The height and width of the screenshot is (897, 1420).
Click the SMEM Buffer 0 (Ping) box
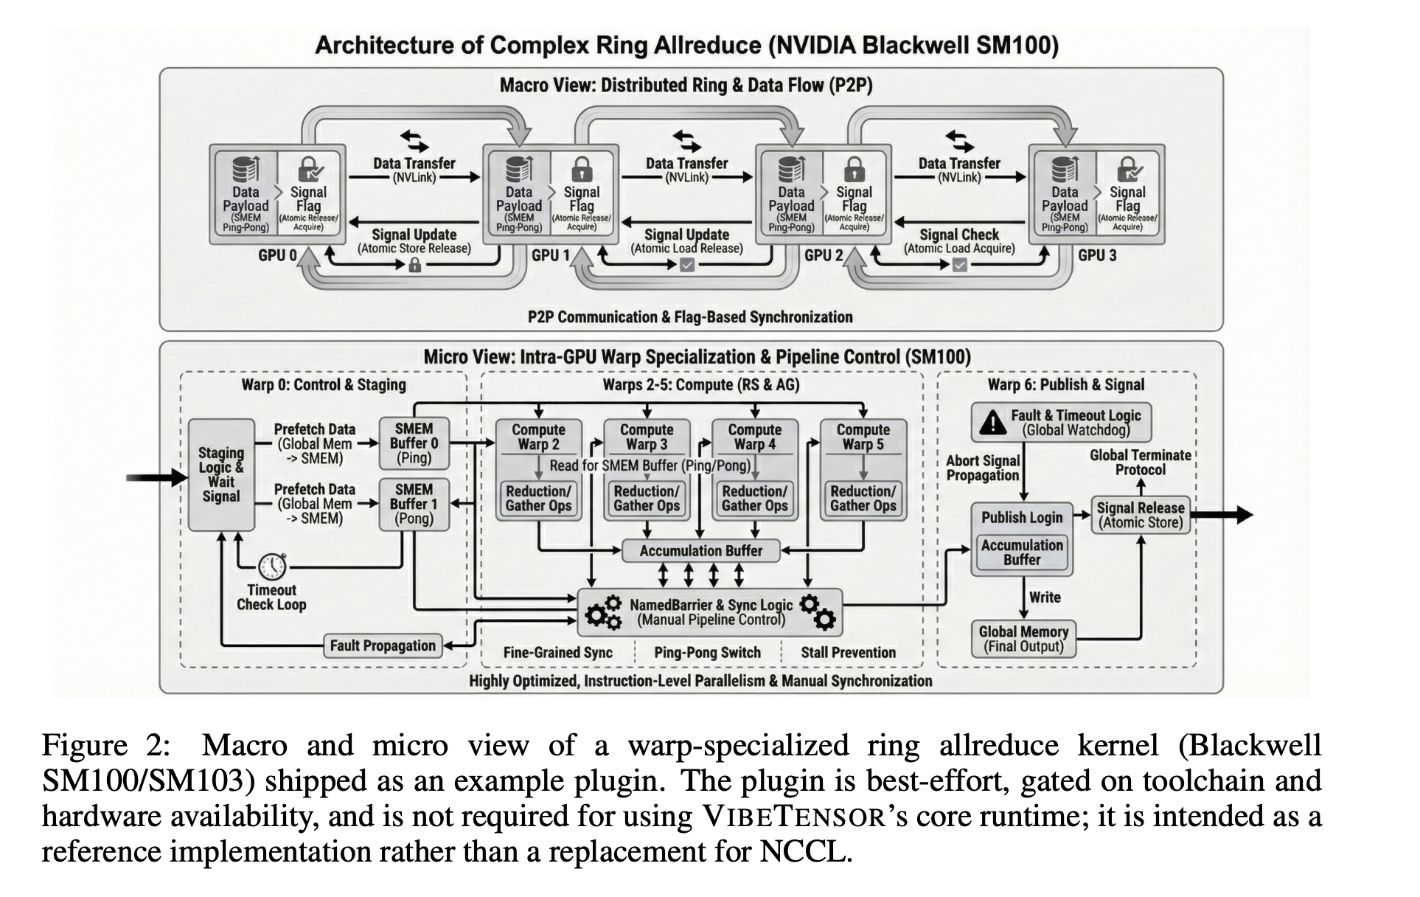414,443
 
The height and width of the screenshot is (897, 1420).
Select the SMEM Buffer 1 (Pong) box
414,505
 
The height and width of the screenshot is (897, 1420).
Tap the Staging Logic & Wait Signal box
221,474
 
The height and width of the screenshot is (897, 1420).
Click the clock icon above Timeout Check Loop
272,566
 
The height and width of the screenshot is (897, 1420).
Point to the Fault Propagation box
383,646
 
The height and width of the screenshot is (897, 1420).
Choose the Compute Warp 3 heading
647,437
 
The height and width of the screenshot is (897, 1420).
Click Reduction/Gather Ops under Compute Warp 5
863,499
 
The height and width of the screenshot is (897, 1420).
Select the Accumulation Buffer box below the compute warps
700,551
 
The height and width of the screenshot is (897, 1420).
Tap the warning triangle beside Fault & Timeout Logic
992,422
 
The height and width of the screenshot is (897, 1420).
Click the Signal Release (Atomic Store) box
1140,515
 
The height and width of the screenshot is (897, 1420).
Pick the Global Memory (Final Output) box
1023,639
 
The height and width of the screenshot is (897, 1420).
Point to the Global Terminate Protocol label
1140,463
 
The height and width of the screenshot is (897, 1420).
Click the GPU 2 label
824,256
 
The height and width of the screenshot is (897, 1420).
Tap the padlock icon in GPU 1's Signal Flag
582,169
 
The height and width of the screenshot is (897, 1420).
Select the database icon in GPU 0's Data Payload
245,169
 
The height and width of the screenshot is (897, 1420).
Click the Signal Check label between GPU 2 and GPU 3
958,235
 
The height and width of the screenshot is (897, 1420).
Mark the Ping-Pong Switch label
707,653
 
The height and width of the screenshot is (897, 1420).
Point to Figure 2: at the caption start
106,745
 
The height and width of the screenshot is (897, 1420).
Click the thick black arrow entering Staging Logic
156,477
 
